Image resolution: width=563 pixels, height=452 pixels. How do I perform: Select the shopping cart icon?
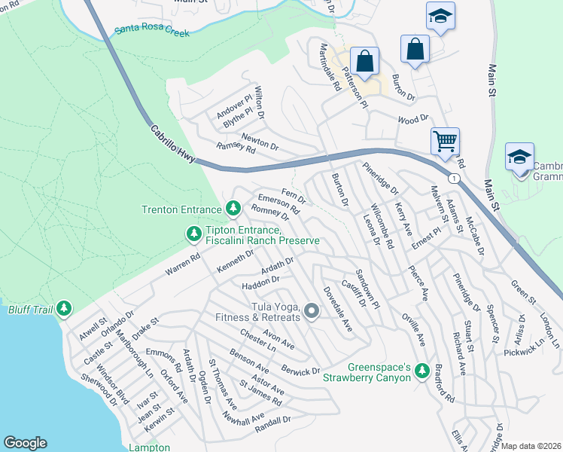[x=445, y=140]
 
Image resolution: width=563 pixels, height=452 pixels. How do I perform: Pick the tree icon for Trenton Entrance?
[x=233, y=207]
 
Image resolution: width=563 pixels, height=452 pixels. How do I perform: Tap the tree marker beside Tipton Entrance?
[x=193, y=234]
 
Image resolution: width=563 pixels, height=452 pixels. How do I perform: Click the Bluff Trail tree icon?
[x=64, y=308]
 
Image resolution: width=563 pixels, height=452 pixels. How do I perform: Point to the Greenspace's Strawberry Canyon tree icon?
[x=421, y=369]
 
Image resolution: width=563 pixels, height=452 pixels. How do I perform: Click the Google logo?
[x=25, y=443]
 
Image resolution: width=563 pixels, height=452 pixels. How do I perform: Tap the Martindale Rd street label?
[x=328, y=67]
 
